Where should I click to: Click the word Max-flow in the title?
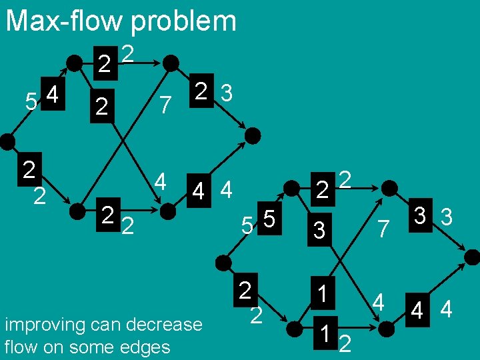[x=64, y=21]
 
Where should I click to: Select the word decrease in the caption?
[x=167, y=325]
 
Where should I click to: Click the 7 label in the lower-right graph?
[x=383, y=230]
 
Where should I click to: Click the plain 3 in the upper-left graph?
[x=227, y=94]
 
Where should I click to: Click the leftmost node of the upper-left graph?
[x=7, y=140]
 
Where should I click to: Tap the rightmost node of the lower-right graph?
[x=471, y=257]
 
